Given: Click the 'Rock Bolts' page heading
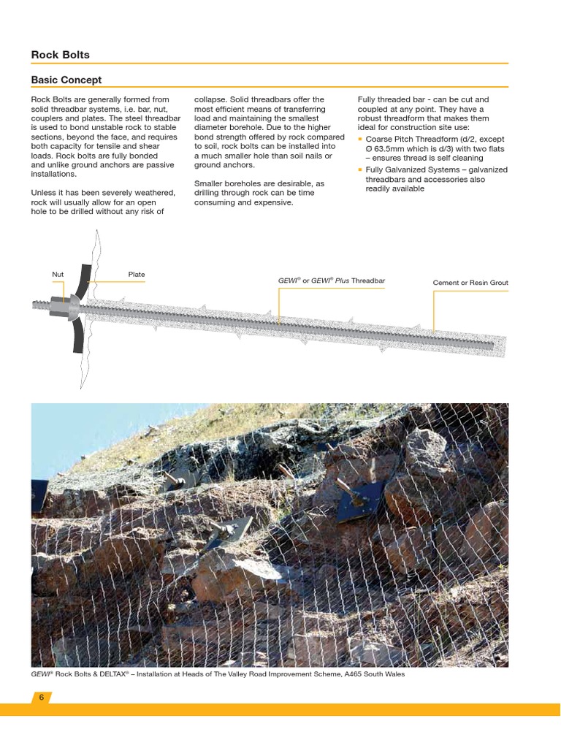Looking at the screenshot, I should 60,55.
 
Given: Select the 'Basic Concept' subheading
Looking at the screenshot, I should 66,80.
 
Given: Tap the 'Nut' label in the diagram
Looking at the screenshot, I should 58,275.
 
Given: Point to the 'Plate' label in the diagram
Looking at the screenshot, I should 137,275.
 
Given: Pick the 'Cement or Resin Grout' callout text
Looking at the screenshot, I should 470,283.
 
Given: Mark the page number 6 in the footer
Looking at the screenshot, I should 42,698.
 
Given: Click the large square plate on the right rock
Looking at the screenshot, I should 360,502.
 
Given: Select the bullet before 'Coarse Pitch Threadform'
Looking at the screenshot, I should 360,139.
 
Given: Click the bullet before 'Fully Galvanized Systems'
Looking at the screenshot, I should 360,170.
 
